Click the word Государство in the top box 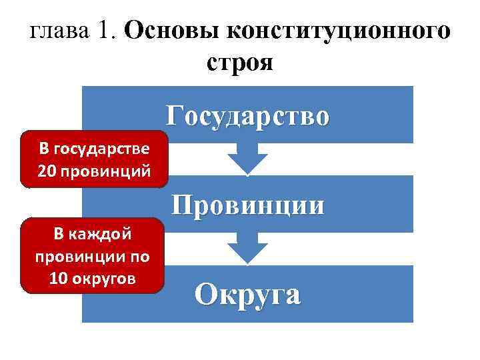click(x=247, y=115)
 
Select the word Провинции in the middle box click(x=248, y=205)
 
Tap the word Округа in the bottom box click(x=247, y=294)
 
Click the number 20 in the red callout click(x=47, y=171)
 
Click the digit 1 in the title click(x=107, y=31)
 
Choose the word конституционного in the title click(x=337, y=31)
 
